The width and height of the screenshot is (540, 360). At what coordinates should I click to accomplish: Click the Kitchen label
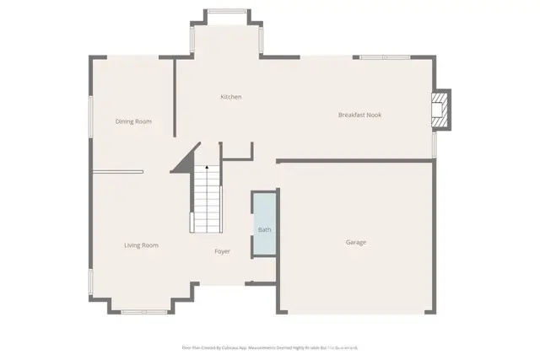pyautogui.click(x=230, y=97)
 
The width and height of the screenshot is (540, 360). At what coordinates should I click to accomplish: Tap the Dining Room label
pyautogui.click(x=133, y=121)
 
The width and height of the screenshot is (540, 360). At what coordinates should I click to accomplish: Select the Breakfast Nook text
pyautogui.click(x=359, y=115)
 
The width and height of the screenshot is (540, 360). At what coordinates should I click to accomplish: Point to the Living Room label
pyautogui.click(x=141, y=245)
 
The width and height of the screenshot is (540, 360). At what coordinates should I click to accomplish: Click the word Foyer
pyautogui.click(x=222, y=251)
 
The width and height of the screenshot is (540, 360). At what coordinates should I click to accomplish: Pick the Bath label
pyautogui.click(x=264, y=229)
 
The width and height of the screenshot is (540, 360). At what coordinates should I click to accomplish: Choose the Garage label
pyautogui.click(x=355, y=243)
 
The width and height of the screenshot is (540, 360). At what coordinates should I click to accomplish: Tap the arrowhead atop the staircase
pyautogui.click(x=206, y=168)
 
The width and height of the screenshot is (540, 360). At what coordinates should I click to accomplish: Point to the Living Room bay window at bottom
pyautogui.click(x=143, y=312)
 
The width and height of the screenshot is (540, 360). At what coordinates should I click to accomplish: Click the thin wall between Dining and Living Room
pyautogui.click(x=117, y=172)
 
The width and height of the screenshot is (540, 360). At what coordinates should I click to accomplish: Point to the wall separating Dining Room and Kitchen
pyautogui.click(x=174, y=97)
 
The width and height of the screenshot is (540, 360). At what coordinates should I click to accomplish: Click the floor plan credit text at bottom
pyautogui.click(x=270, y=347)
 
